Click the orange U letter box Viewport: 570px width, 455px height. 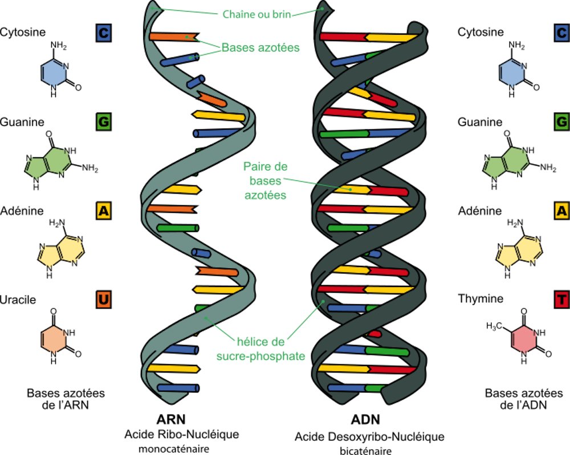point(103,300)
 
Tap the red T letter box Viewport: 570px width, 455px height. point(562,300)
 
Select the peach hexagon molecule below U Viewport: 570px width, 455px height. point(54,339)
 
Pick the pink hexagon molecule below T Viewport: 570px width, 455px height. point(524,339)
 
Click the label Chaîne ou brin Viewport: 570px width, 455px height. point(256,14)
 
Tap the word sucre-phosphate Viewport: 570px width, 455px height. point(260,356)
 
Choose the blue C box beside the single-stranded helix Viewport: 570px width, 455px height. point(103,32)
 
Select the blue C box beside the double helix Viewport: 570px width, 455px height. point(562,32)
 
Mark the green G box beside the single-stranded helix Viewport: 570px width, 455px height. point(103,121)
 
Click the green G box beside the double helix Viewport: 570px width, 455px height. point(562,121)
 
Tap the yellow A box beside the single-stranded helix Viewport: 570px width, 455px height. point(103,211)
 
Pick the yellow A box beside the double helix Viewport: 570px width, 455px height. point(562,211)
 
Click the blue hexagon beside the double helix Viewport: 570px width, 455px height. point(511,73)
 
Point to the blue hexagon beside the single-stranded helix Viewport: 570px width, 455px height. point(54,73)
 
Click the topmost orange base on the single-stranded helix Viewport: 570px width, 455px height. point(171,37)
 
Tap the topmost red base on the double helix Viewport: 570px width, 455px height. point(342,37)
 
